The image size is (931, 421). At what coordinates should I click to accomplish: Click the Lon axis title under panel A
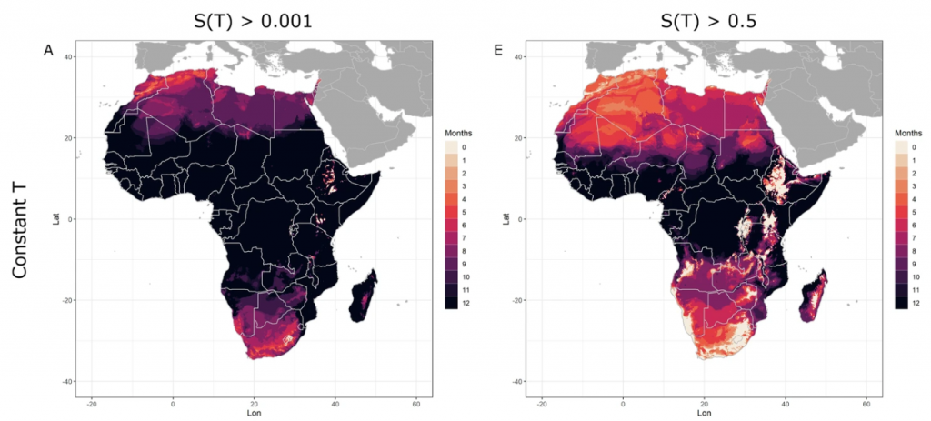pos(255,412)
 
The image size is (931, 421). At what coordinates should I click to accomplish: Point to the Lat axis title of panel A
pos(56,218)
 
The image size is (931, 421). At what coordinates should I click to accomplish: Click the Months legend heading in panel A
pos(451,133)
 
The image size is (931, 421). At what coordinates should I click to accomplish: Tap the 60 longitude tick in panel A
pos(415,402)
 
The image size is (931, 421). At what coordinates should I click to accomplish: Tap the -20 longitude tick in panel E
pos(542,402)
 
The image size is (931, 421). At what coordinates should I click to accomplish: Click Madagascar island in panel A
pos(365,300)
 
